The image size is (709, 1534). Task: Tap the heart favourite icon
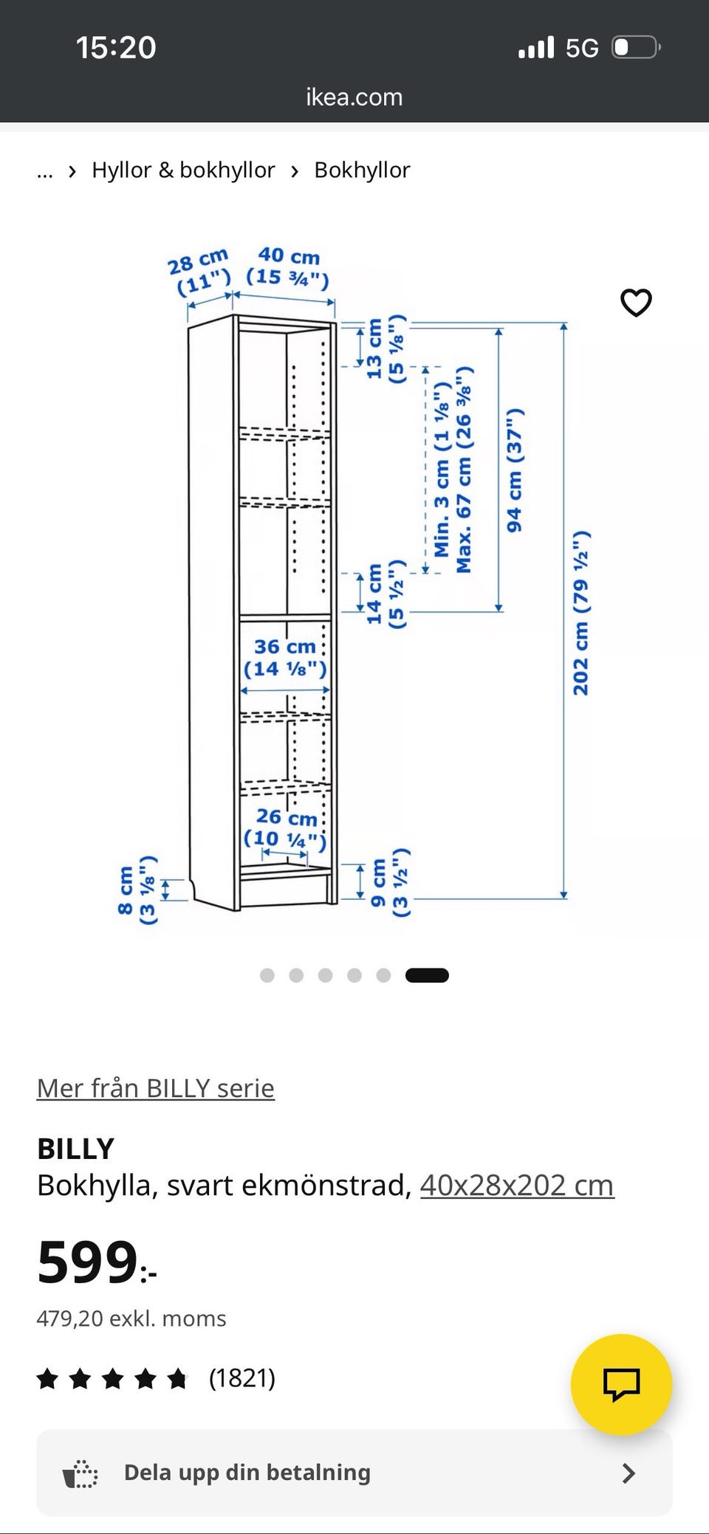(636, 303)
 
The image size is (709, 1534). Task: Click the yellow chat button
(621, 1384)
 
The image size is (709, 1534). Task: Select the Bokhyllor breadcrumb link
(362, 170)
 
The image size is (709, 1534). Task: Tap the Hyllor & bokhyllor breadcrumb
(183, 170)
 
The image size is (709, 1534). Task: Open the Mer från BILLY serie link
(156, 1088)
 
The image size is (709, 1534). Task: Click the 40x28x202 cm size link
(517, 1186)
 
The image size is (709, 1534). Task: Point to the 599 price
(97, 1262)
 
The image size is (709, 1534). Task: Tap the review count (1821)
(242, 1377)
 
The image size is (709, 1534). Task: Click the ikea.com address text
(354, 97)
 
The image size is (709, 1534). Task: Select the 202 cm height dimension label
(581, 613)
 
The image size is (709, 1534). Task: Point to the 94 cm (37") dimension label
(515, 470)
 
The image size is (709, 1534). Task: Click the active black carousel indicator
(427, 975)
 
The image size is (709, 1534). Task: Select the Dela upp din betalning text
(247, 1472)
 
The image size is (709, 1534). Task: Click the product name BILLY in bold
(75, 1149)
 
